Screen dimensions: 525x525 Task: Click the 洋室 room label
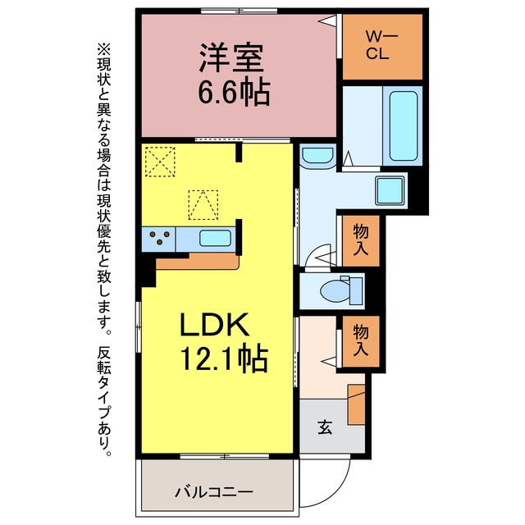231,58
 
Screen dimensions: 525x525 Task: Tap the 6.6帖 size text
234,91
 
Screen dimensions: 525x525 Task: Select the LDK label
215,324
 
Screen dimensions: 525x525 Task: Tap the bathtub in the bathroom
404,126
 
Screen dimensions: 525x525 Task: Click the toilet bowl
335,290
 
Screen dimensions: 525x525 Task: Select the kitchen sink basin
215,238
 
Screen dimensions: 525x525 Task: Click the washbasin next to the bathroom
317,157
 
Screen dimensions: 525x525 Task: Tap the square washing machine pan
390,190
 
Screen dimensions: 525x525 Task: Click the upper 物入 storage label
361,240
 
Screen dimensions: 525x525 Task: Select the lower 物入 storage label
361,341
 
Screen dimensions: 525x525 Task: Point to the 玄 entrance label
325,427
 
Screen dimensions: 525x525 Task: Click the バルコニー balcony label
214,492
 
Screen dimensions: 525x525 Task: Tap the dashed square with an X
160,162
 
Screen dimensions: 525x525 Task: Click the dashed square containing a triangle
203,205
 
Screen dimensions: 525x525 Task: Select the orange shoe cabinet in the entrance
356,404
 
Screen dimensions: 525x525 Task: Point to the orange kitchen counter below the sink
198,261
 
